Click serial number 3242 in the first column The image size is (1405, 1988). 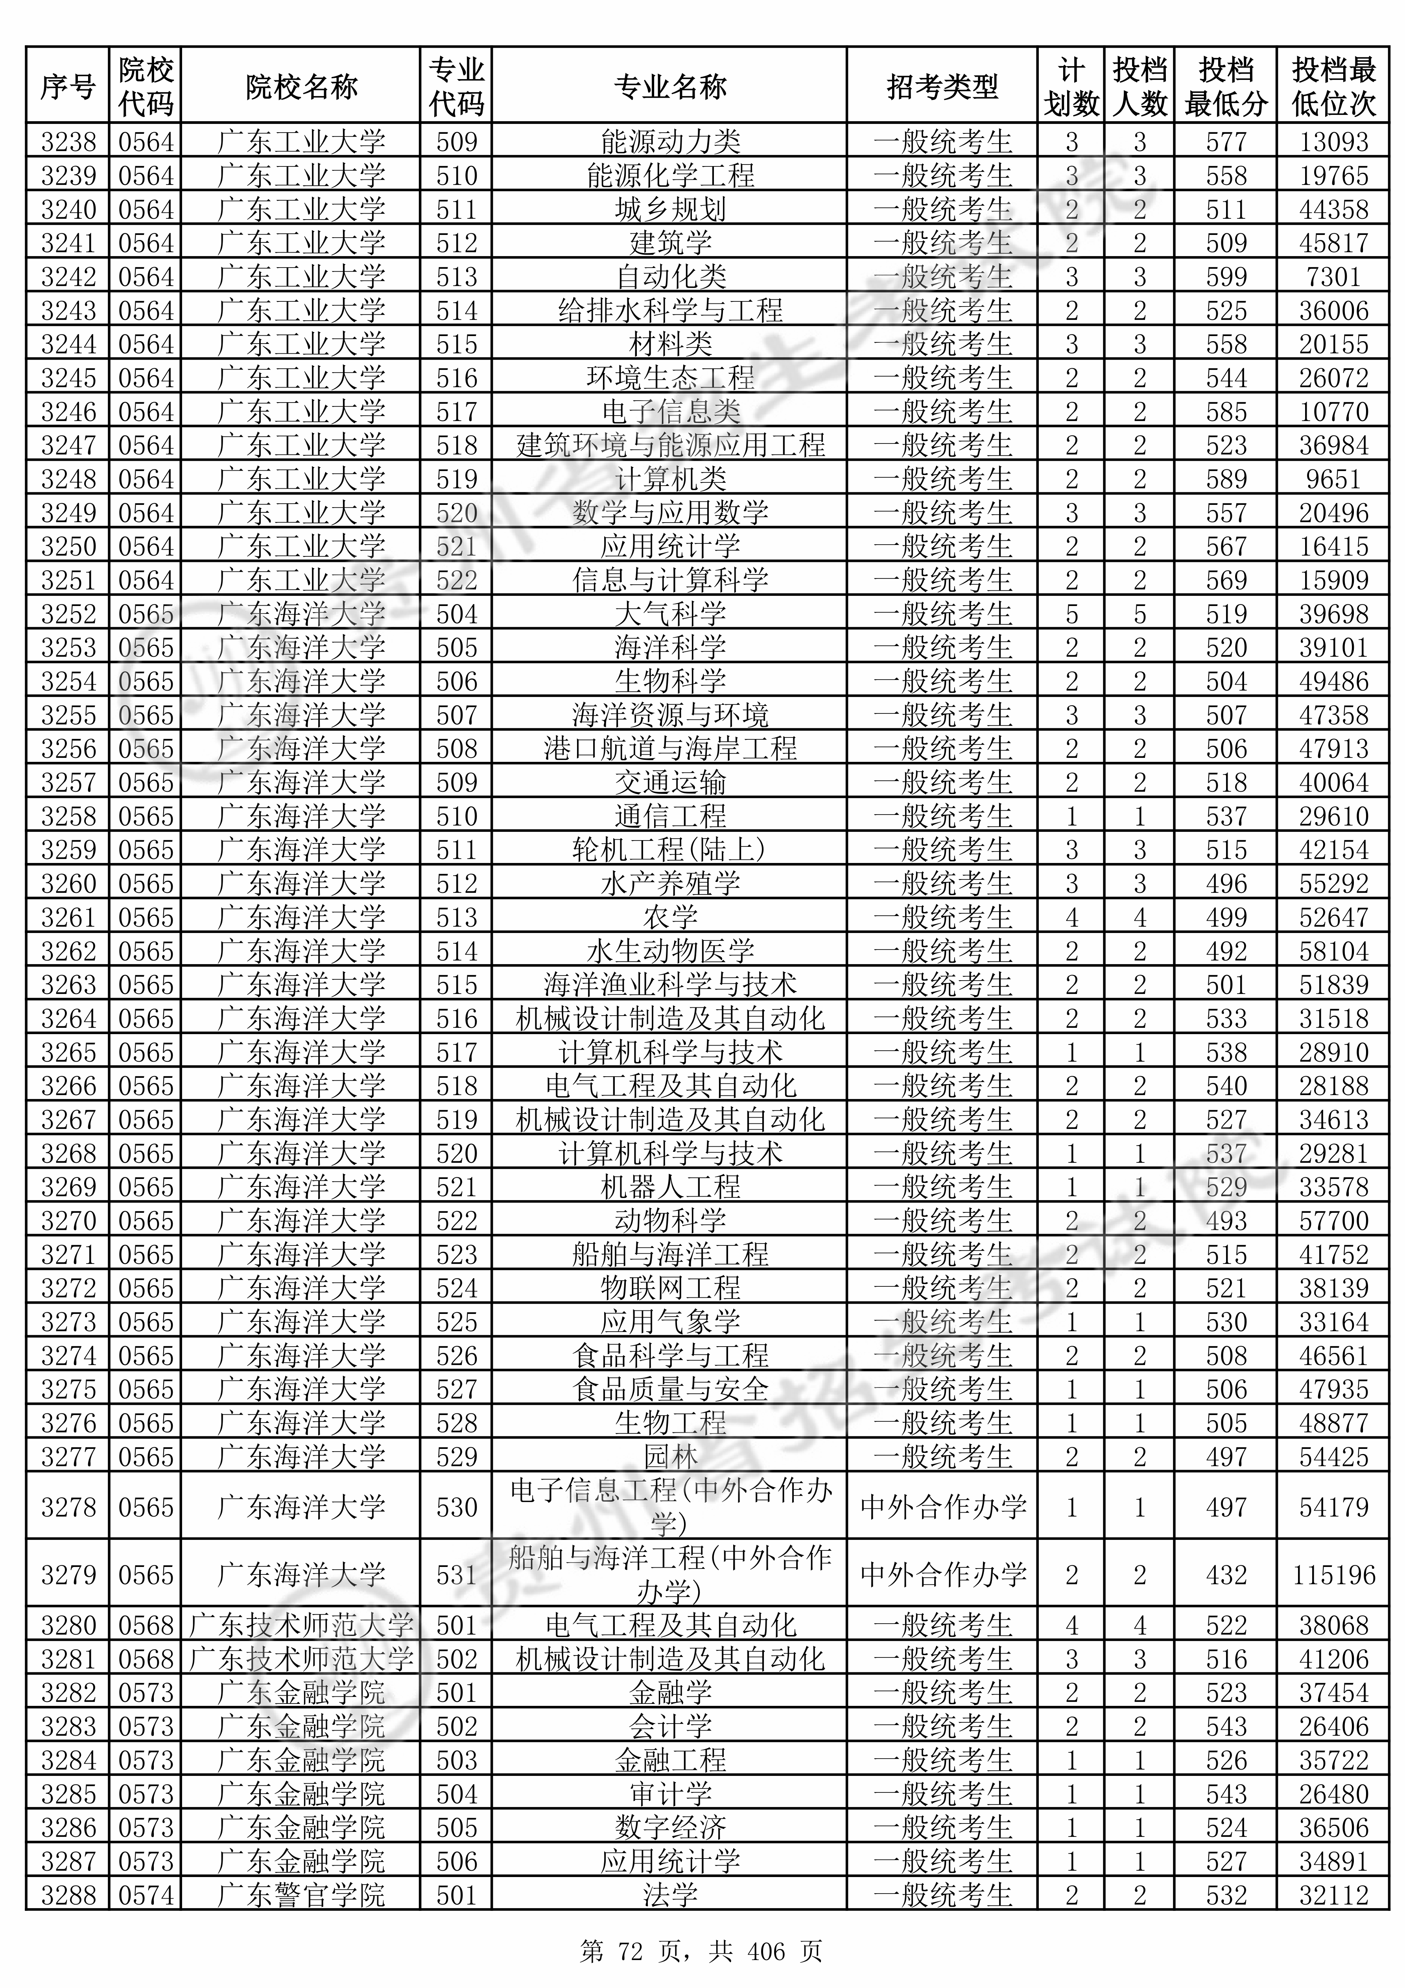coord(68,277)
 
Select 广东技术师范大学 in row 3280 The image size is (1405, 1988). coord(301,1625)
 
